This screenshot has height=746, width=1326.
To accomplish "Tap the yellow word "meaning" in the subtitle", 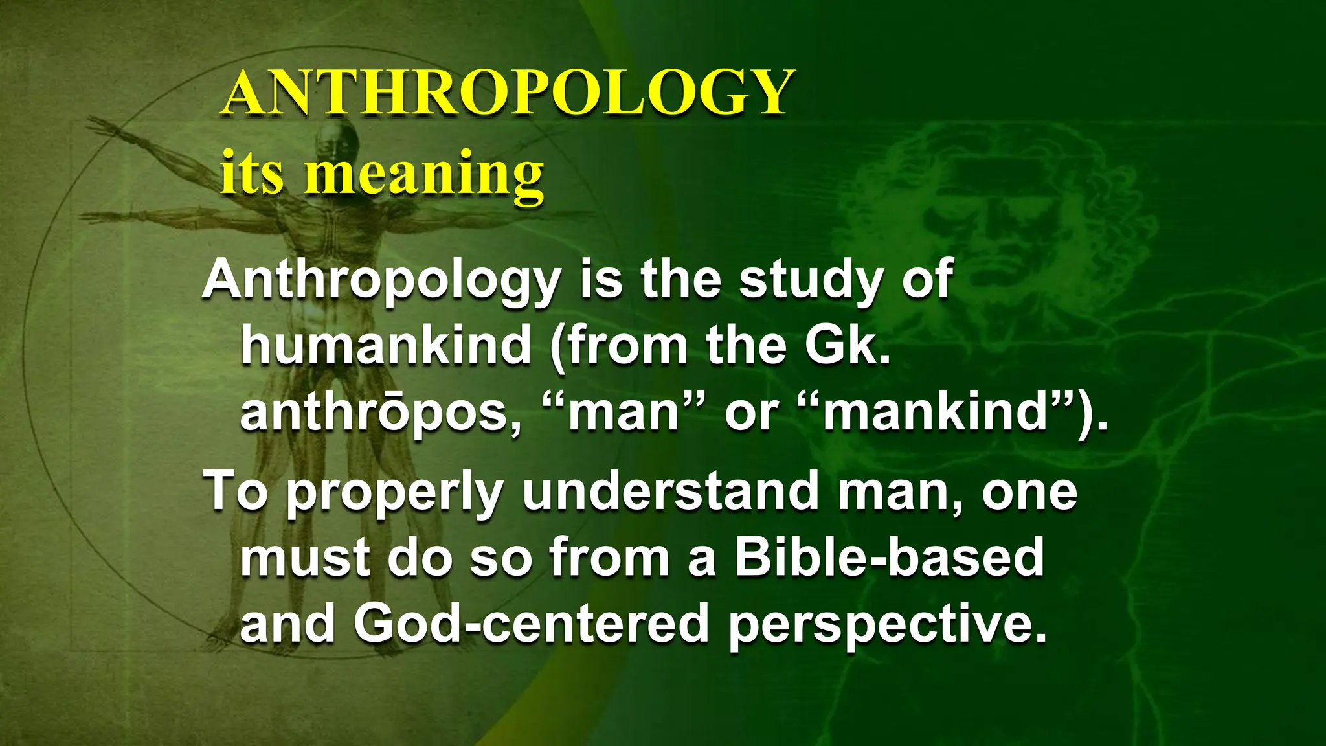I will click(x=424, y=174).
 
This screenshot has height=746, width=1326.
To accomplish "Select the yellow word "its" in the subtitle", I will click(x=252, y=174).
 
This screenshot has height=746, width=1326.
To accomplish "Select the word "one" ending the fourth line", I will click(x=1029, y=492).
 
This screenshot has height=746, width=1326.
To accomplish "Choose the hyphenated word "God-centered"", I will click(x=531, y=623).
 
